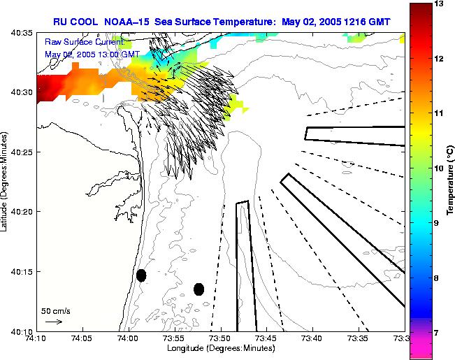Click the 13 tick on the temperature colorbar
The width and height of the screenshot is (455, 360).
[440, 3]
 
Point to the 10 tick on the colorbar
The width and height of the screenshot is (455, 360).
[440, 168]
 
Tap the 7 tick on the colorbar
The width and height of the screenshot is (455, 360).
[439, 333]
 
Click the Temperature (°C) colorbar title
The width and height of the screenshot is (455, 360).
[452, 168]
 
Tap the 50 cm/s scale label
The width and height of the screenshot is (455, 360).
[56, 310]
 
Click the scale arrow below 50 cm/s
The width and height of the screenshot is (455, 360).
[53, 322]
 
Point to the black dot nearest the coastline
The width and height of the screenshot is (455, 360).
[141, 275]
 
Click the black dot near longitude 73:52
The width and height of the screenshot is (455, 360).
[198, 289]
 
